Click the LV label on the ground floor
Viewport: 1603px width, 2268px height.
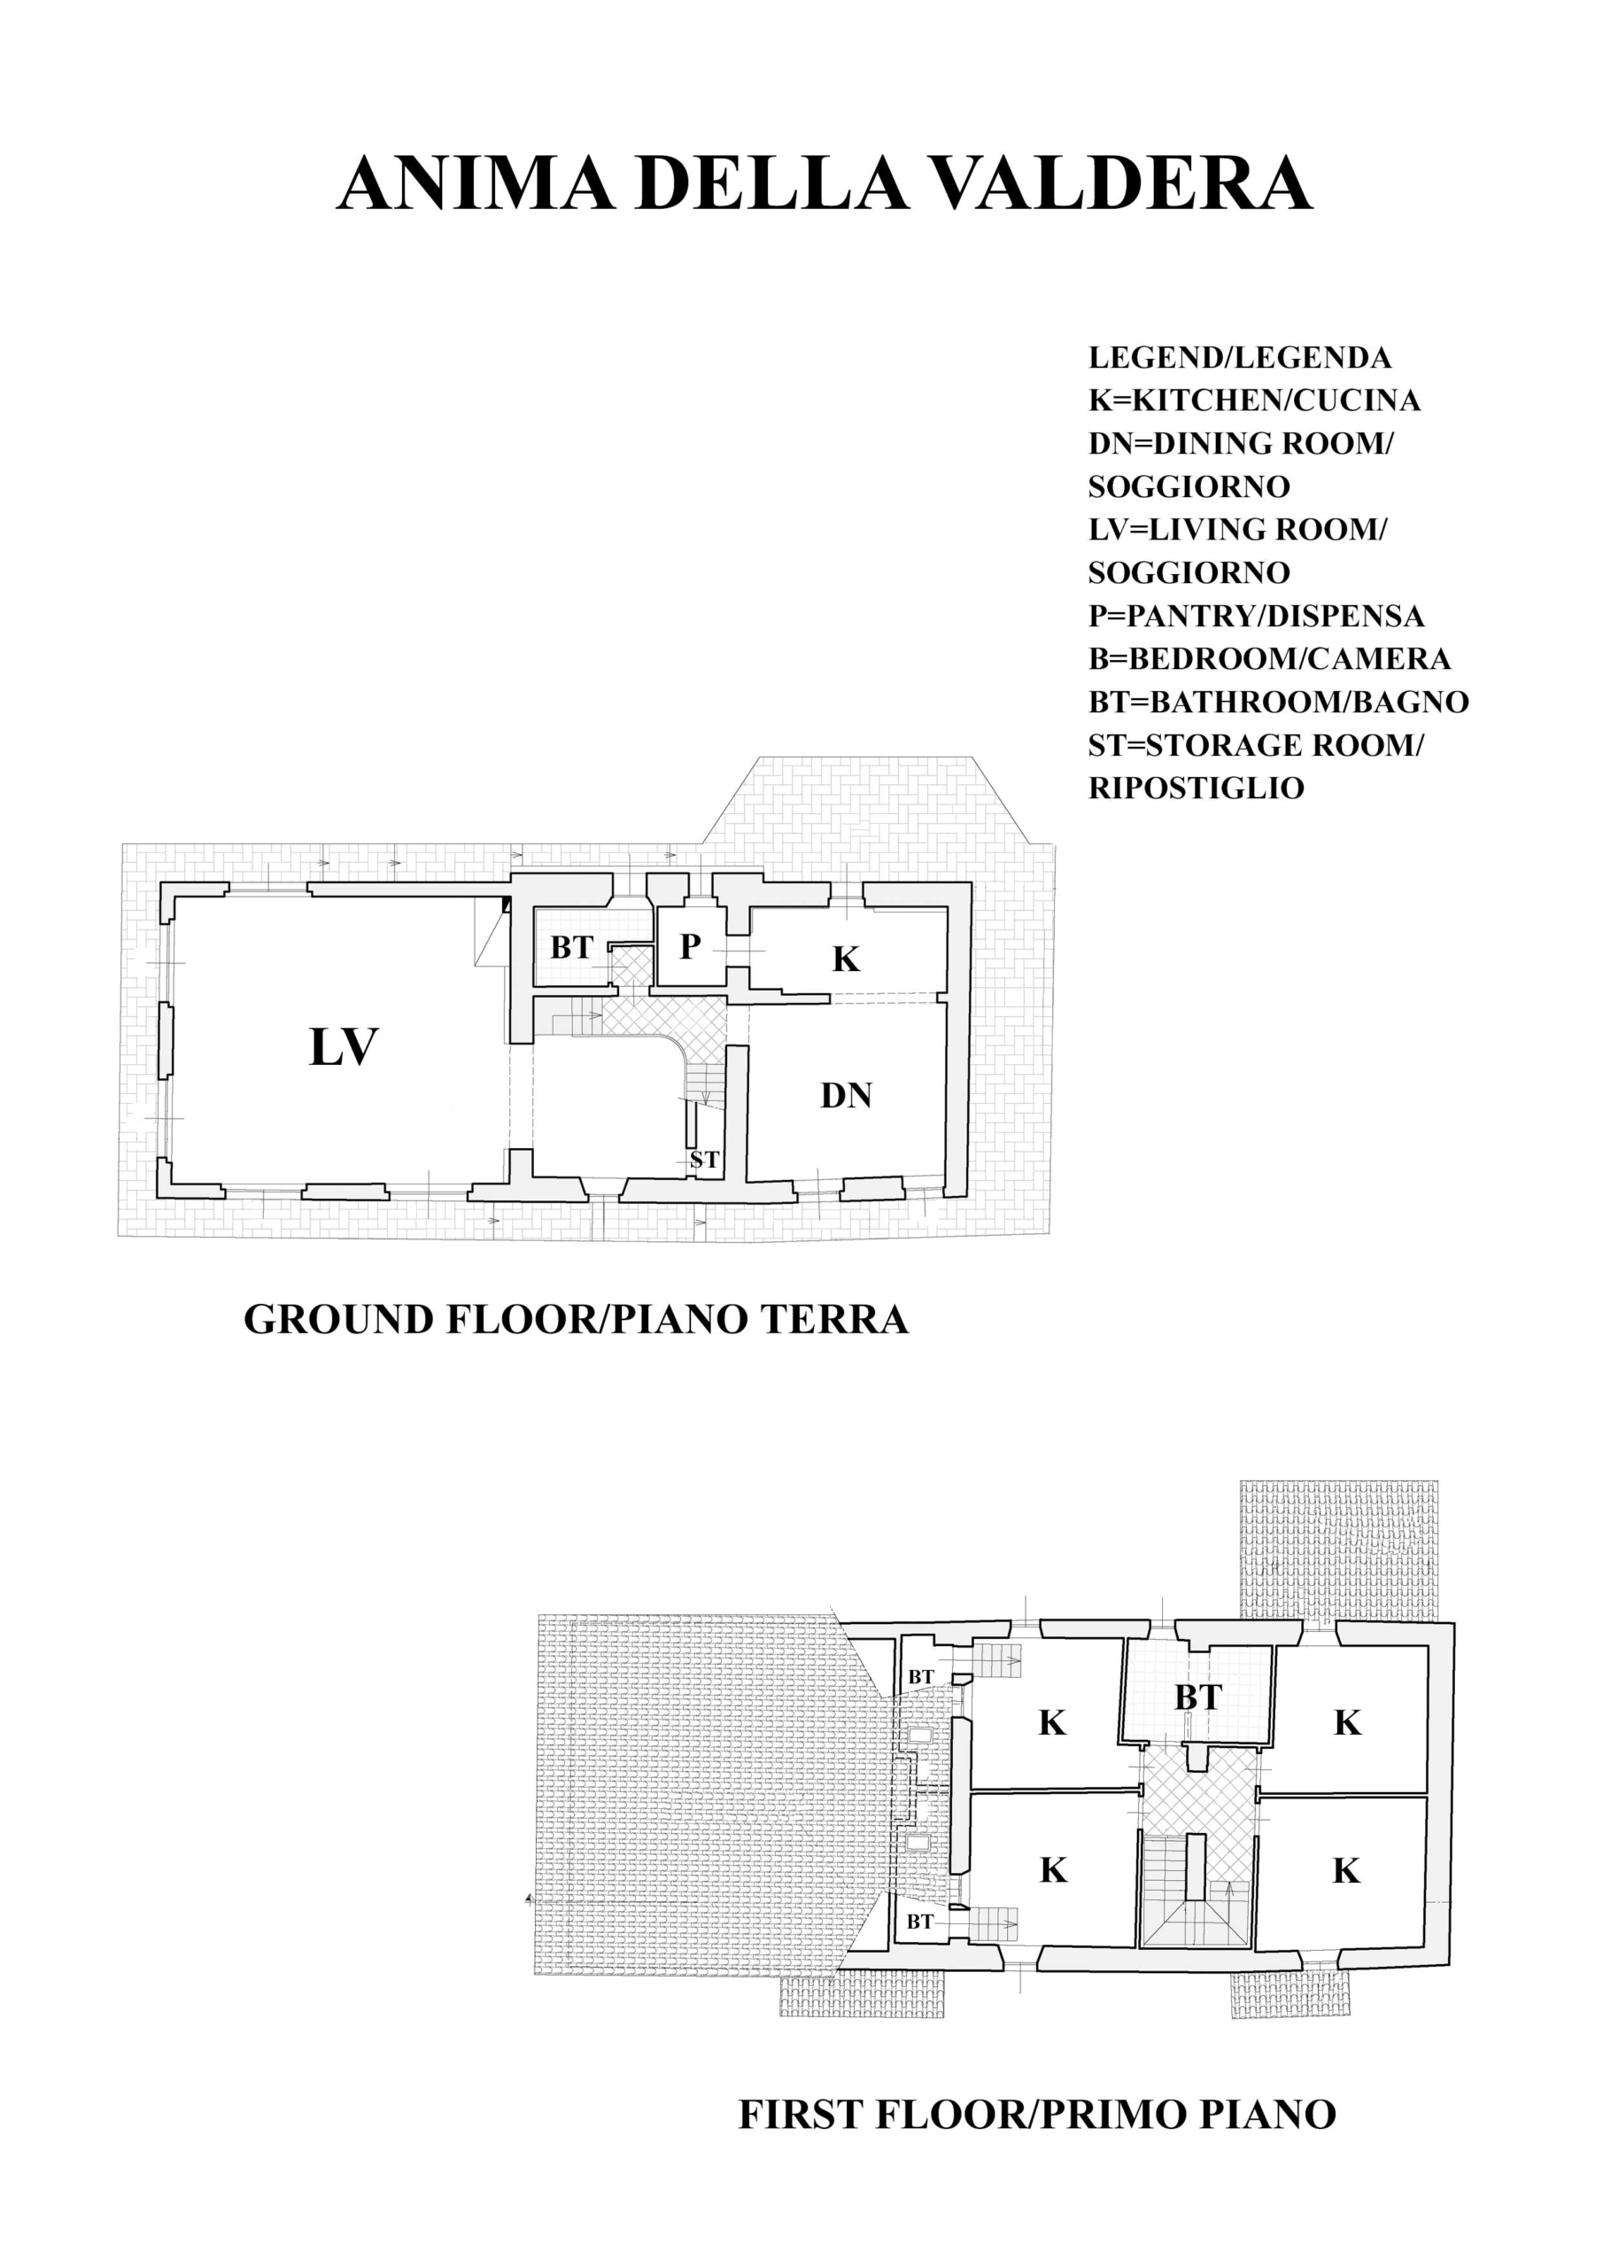point(344,1048)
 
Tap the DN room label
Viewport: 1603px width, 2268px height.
point(847,1096)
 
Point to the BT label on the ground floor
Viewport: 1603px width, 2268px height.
point(571,947)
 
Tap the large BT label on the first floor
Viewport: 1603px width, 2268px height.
point(1198,1697)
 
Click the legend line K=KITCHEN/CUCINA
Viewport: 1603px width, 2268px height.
point(1254,400)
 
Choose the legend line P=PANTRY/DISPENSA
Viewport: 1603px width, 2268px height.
point(1257,617)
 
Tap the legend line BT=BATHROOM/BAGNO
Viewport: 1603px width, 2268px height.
point(1279,703)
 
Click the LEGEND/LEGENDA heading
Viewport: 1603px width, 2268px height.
point(1240,358)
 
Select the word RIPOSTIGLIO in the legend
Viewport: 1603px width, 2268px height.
point(1196,788)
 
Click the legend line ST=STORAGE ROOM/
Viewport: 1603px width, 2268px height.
point(1257,746)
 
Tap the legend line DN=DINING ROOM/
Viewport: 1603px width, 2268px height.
point(1241,444)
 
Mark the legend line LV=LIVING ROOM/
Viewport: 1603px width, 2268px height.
point(1237,530)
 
